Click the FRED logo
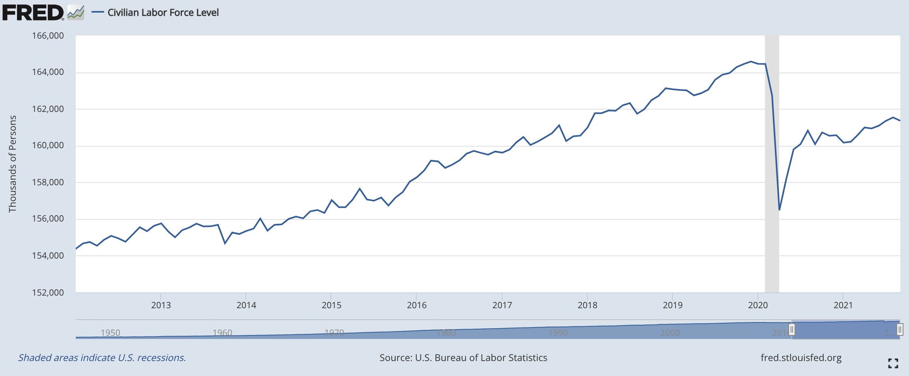coord(33,13)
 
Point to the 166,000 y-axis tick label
coord(48,36)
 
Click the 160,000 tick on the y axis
coord(48,145)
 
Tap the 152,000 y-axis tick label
coord(48,292)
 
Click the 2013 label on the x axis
coord(161,305)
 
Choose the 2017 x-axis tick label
coord(502,305)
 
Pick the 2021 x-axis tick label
coord(843,305)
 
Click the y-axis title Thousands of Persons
coord(13,164)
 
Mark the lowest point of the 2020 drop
coord(780,210)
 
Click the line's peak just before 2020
coord(751,61)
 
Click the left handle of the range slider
coord(791,329)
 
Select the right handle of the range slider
coord(900,329)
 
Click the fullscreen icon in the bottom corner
coord(893,363)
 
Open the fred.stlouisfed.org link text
coord(801,357)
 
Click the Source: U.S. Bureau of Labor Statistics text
coord(463,357)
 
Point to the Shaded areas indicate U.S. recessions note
coord(102,357)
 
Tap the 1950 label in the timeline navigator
coord(110,333)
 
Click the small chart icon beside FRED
coord(75,13)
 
